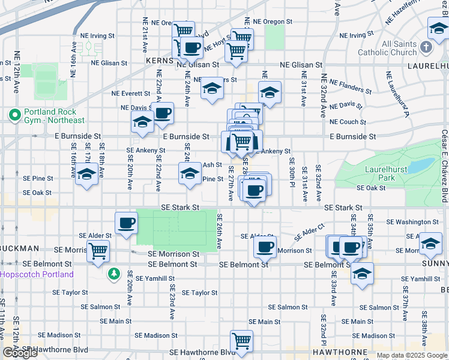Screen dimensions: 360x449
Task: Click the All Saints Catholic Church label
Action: tap(394, 48)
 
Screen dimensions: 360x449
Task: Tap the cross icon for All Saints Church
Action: tap(426, 46)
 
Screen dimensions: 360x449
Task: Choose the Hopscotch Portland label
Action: tap(37, 274)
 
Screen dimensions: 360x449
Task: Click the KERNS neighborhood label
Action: tap(159, 62)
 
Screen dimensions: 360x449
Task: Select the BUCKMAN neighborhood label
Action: tap(20, 248)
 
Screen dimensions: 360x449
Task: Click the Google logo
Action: tap(20, 353)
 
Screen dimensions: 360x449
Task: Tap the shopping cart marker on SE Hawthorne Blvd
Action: tap(241, 341)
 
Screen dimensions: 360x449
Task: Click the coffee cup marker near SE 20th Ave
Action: tap(126, 223)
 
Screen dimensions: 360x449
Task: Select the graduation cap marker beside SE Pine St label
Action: tap(190, 174)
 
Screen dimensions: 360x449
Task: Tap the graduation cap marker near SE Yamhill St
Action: tap(362, 274)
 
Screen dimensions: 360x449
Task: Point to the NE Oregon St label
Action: tap(273, 22)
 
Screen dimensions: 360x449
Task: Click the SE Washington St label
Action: tap(411, 222)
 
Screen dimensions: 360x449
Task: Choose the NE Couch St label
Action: tap(348, 122)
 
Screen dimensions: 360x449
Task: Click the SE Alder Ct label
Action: tap(309, 232)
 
